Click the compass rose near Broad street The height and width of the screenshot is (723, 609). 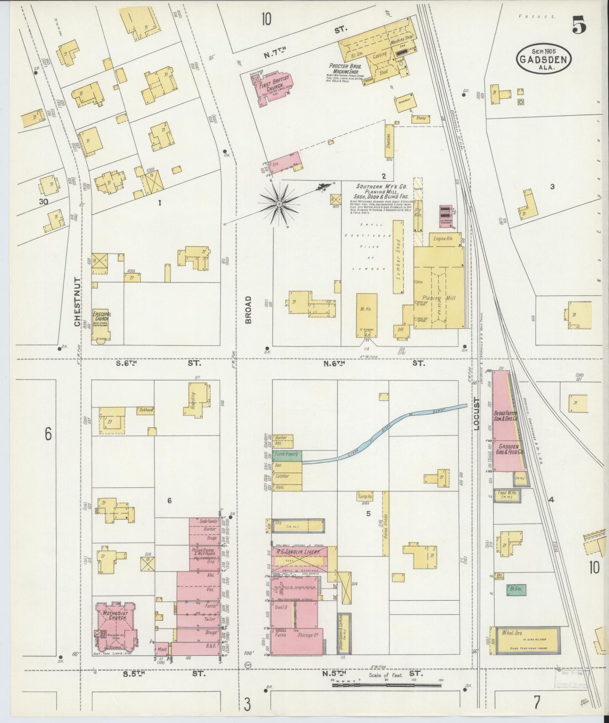(279, 204)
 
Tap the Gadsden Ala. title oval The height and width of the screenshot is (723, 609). (544, 59)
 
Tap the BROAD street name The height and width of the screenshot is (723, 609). (248, 310)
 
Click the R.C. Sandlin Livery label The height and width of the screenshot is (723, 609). (299, 552)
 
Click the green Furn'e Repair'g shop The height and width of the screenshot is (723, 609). (287, 455)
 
